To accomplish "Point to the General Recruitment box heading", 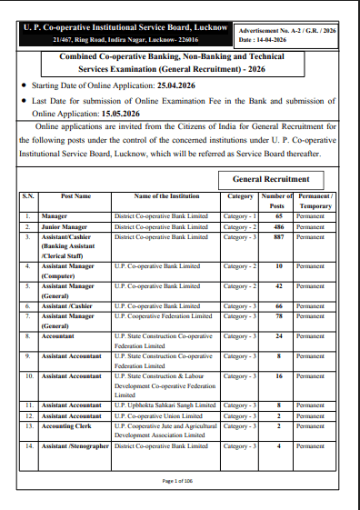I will [271, 179].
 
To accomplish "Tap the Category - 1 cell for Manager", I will [240, 216].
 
